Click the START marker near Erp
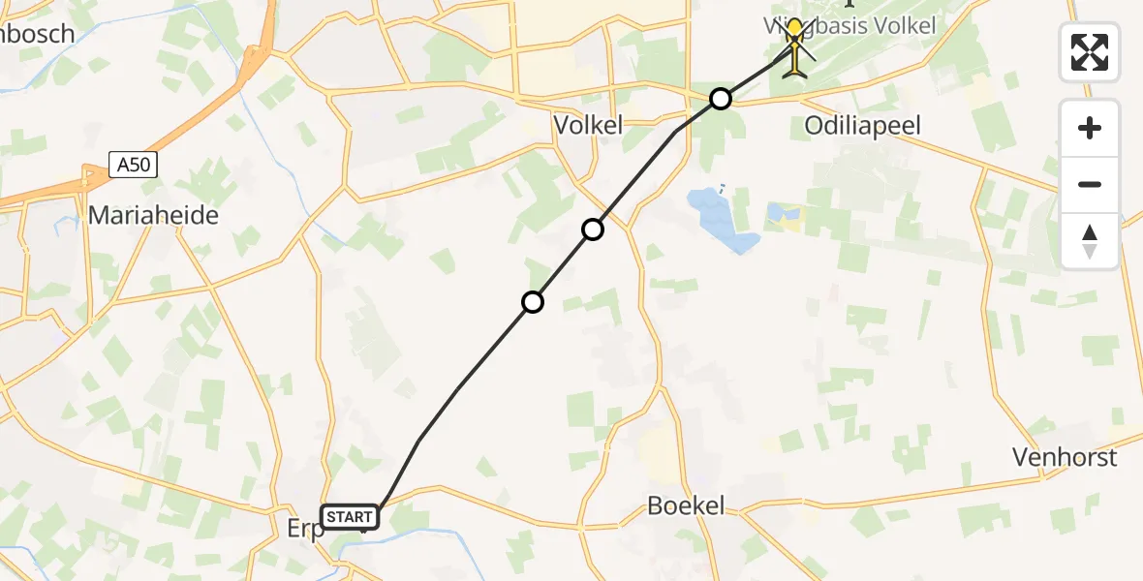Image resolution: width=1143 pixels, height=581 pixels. (x=350, y=517)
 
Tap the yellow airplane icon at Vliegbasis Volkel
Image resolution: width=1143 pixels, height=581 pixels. (x=795, y=48)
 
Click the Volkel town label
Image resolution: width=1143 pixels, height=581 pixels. (x=588, y=124)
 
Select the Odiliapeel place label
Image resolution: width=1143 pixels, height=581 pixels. (x=863, y=125)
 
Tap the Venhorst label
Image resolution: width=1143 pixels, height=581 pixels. (x=1065, y=457)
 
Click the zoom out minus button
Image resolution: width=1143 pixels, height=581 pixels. (x=1090, y=184)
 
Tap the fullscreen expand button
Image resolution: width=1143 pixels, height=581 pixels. (x=1090, y=52)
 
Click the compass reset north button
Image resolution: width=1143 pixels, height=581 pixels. (x=1090, y=241)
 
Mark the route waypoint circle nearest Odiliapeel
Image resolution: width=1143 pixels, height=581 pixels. (x=720, y=99)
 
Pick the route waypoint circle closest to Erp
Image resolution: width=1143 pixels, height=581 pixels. (x=532, y=302)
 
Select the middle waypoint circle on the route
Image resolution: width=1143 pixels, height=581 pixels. (x=592, y=229)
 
